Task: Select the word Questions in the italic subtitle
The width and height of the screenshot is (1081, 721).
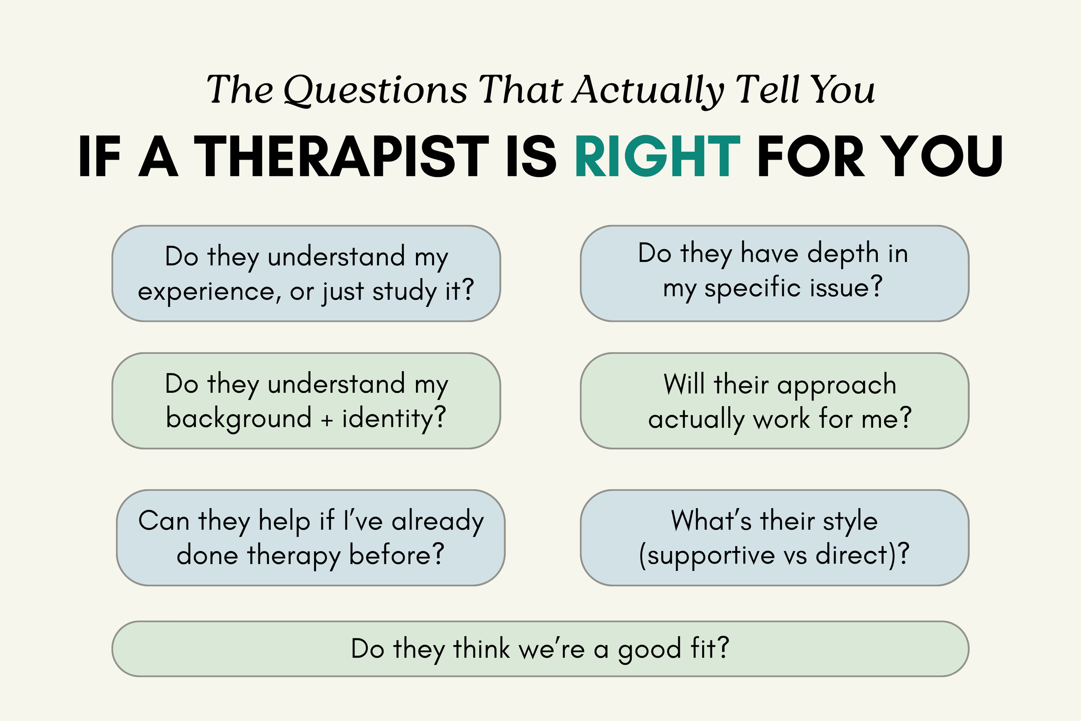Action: pos(375,90)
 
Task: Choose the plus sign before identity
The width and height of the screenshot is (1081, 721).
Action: pos(327,420)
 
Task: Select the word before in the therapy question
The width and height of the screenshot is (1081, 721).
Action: pos(396,555)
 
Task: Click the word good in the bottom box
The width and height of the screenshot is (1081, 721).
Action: pos(649,650)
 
